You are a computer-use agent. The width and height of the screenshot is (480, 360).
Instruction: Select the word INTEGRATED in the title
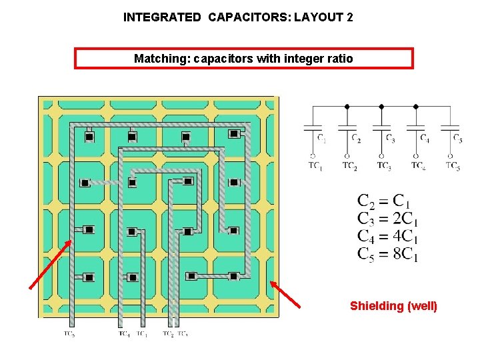coord(162,17)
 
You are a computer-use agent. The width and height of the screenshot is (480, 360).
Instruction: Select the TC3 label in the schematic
coord(383,166)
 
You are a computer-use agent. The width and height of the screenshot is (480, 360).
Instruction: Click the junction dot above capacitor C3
coord(381,106)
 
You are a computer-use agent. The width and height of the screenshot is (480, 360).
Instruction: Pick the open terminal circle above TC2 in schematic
coord(347,155)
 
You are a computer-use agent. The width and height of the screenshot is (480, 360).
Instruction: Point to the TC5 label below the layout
coord(69,333)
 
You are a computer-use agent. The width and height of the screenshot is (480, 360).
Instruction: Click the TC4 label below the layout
coord(124,333)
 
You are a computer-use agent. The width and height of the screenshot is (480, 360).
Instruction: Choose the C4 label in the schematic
coord(425,139)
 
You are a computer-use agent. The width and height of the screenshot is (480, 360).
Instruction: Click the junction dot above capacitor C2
coord(347,106)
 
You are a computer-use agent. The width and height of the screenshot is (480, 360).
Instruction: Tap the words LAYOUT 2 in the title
coord(323,17)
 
